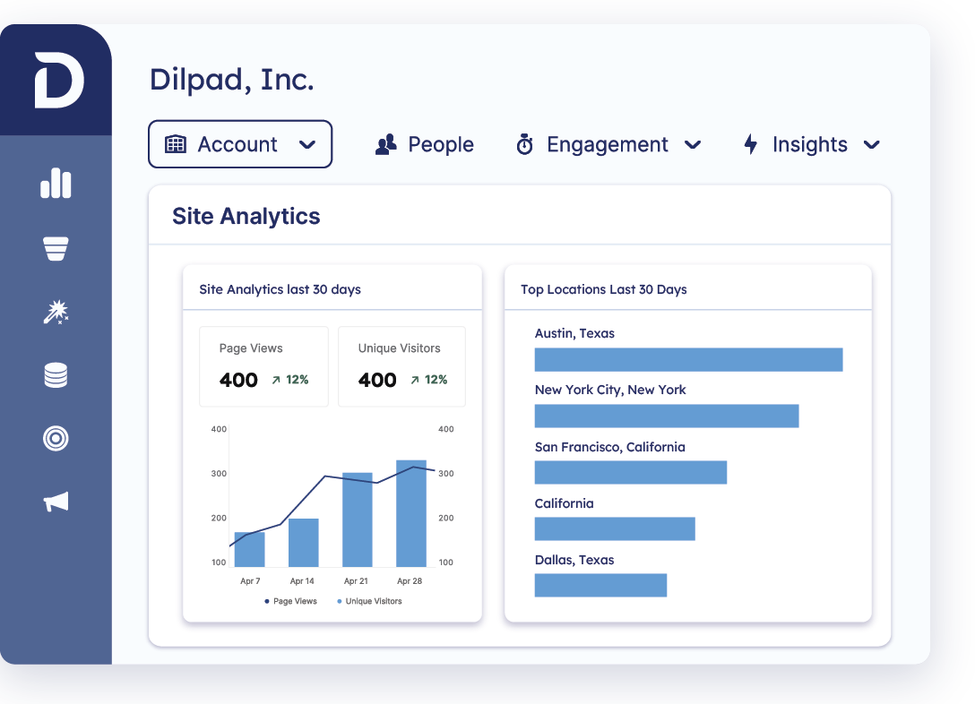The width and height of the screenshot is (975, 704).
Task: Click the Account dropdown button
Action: pyautogui.click(x=239, y=144)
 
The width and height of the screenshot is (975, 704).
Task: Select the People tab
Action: pyautogui.click(x=425, y=144)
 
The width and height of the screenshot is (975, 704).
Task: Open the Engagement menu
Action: pyautogui.click(x=608, y=144)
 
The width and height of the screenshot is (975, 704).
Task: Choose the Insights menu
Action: pyautogui.click(x=811, y=144)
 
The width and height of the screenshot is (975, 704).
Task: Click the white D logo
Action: pyautogui.click(x=59, y=80)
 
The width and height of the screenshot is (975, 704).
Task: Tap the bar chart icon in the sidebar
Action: pyautogui.click(x=56, y=184)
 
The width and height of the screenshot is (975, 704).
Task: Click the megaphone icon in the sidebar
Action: pyautogui.click(x=56, y=502)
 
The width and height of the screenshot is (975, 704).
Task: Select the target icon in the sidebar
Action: pyautogui.click(x=56, y=438)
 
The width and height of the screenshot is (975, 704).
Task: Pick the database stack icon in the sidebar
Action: pyautogui.click(x=56, y=375)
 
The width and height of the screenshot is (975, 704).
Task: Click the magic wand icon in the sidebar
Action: pyautogui.click(x=56, y=312)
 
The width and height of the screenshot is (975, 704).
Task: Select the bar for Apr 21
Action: pyautogui.click(x=358, y=519)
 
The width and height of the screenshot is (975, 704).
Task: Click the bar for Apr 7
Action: pyautogui.click(x=250, y=549)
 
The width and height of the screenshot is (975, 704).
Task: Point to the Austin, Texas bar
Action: pyautogui.click(x=688, y=359)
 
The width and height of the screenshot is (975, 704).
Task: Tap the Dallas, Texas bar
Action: pyautogui.click(x=600, y=585)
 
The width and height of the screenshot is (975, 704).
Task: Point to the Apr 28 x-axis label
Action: pyautogui.click(x=410, y=581)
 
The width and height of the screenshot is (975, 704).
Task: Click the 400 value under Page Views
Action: pyautogui.click(x=238, y=380)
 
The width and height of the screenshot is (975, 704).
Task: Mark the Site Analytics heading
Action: pyautogui.click(x=246, y=216)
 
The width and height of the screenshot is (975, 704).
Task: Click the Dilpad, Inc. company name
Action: pyautogui.click(x=231, y=80)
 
